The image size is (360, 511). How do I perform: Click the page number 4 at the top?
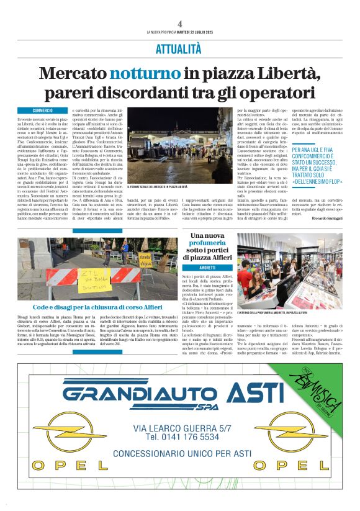pyautogui.click(x=179, y=23)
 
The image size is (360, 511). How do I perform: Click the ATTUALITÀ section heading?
pyautogui.click(x=179, y=48)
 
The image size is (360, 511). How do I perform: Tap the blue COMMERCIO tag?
pyautogui.click(x=42, y=110)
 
